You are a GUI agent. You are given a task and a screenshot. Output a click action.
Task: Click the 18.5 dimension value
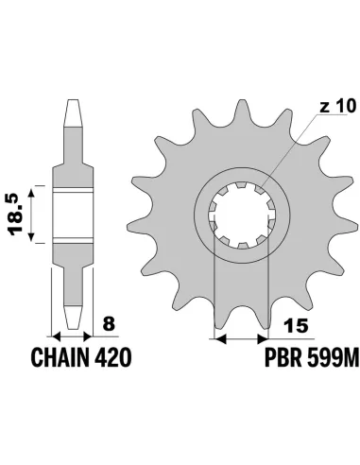click(17, 213)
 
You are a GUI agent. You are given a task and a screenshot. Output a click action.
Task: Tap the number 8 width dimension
click(111, 324)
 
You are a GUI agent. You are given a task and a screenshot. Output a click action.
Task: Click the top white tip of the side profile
click(73, 112)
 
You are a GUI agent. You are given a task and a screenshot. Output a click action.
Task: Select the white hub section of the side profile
click(73, 213)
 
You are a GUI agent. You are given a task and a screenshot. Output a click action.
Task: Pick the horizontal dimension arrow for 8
click(73, 336)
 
